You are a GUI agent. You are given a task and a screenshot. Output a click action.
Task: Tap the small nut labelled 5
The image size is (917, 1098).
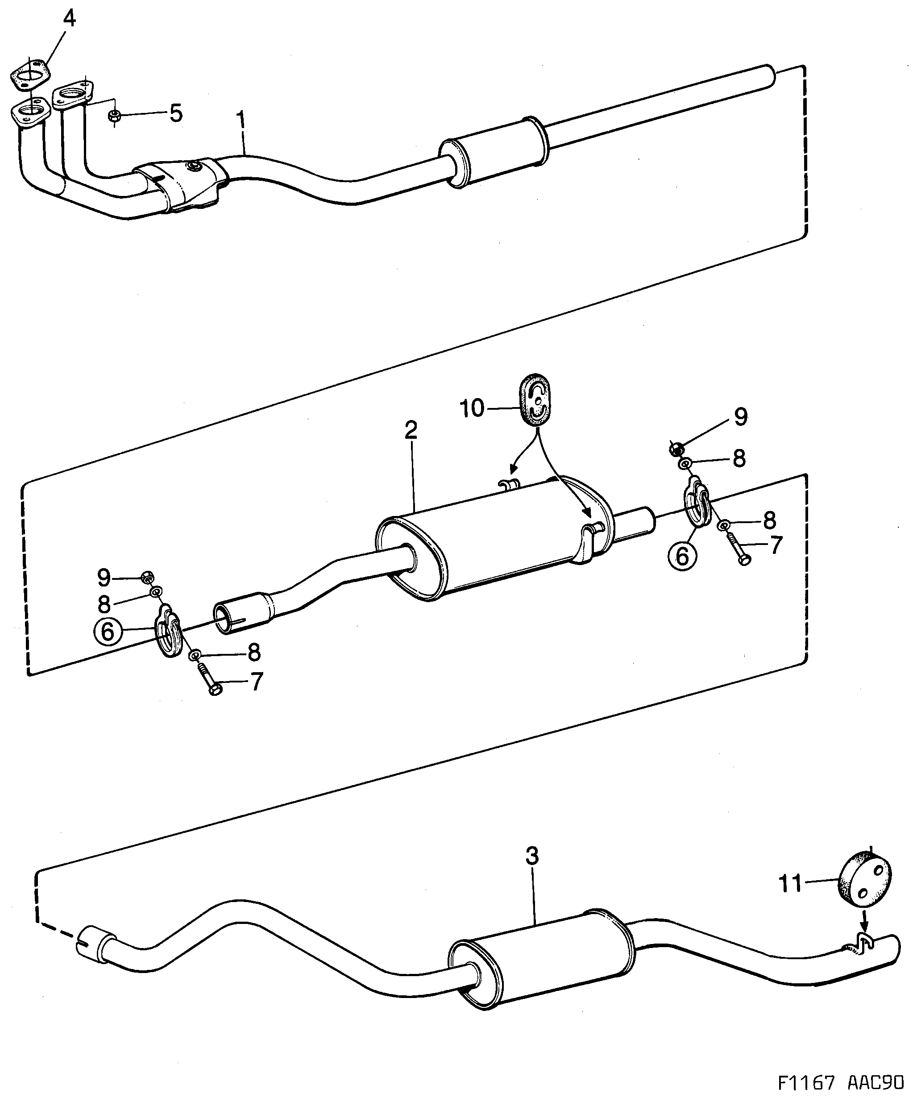[x=115, y=116]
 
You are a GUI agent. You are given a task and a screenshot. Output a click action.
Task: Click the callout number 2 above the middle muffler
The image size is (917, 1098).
[x=411, y=430]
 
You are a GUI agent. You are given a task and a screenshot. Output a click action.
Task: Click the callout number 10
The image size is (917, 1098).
[x=472, y=408]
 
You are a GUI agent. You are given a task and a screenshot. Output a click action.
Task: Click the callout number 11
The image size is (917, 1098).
[x=790, y=884]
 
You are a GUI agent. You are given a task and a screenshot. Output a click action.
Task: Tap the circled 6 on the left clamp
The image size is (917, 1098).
[x=107, y=632]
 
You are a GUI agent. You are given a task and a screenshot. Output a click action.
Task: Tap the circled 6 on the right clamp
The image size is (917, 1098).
[x=682, y=556]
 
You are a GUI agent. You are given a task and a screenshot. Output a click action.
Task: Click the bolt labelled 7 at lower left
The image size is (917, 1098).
[x=210, y=680]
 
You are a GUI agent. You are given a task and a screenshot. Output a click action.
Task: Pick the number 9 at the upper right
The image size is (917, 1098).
[x=741, y=417]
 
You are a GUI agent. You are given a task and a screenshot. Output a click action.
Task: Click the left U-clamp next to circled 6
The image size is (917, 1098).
[x=169, y=632]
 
